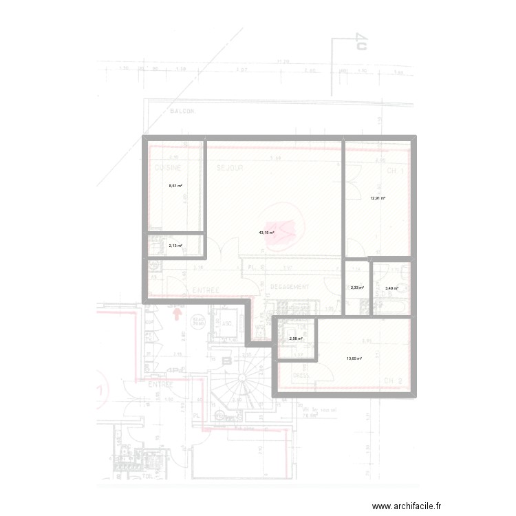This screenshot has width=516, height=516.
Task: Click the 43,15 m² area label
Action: [x=266, y=233]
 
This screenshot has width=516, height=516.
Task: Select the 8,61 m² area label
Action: [x=175, y=186]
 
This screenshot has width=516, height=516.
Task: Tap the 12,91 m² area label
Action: [x=378, y=199]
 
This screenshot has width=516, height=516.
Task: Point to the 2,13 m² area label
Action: [x=175, y=246]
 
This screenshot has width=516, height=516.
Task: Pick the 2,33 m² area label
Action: [x=356, y=288]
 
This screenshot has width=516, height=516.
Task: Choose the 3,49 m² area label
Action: [x=391, y=288]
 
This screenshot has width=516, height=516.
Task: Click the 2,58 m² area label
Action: [x=296, y=338]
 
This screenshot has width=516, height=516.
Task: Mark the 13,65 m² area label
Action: [x=354, y=358]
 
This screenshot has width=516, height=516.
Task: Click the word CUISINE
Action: [x=167, y=168]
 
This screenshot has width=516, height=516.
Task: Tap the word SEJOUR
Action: [x=230, y=168]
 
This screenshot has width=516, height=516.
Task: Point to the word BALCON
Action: [x=182, y=111]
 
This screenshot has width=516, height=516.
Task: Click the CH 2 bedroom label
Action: [x=393, y=380]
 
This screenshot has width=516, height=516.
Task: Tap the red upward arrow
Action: [x=177, y=315]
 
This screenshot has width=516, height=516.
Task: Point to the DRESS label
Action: [x=301, y=376]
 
